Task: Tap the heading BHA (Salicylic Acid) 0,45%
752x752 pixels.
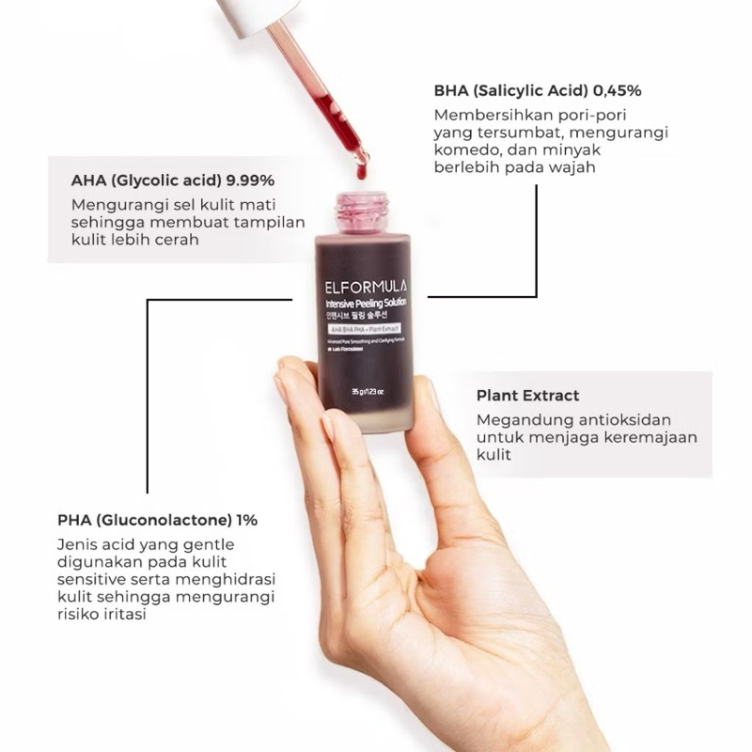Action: (x=537, y=91)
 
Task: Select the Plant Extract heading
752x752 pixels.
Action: (x=527, y=396)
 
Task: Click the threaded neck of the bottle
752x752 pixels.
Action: (x=363, y=209)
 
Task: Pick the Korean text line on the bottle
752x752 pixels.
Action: (x=355, y=319)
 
